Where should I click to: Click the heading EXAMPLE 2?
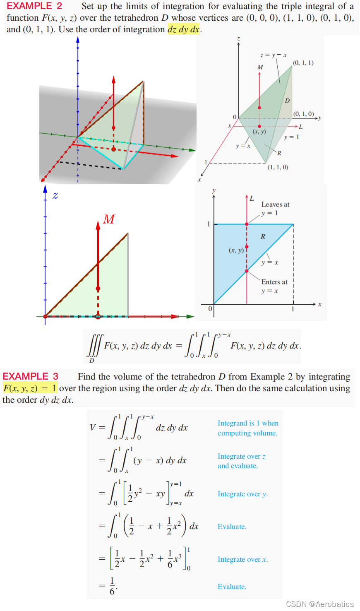[34, 6]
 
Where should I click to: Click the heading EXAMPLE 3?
[31, 376]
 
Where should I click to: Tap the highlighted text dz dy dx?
[183, 30]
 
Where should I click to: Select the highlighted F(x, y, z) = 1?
[30, 388]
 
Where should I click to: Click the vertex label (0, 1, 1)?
[303, 63]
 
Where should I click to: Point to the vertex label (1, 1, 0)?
[278, 167]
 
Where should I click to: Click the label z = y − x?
[274, 55]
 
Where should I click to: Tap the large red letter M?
[109, 219]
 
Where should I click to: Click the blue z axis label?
[55, 196]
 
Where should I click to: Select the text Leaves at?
[275, 204]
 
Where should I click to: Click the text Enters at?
[274, 282]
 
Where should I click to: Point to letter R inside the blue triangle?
[263, 237]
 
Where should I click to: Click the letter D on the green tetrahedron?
[287, 101]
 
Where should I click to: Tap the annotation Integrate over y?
[242, 494]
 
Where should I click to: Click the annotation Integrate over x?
[242, 560]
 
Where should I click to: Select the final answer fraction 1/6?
[113, 586]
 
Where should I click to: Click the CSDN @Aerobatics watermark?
[320, 604]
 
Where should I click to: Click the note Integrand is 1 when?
[248, 423]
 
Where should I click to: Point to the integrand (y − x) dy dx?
[160, 460]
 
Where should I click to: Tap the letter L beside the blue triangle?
[252, 199]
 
